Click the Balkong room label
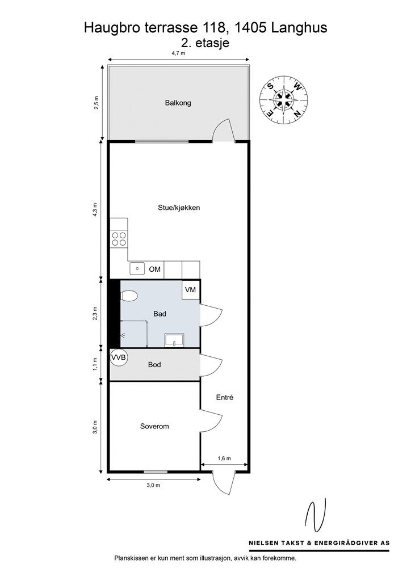coord(178,103)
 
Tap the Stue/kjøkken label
coord(179,208)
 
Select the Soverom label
coord(154,426)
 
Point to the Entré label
coord(225,397)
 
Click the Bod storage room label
coord(154,365)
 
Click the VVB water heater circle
coord(119,357)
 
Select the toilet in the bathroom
coord(129,296)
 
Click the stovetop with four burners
coord(119,239)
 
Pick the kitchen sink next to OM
coord(137,268)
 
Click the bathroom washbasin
coord(174,340)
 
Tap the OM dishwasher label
coord(155,269)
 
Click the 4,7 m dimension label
coord(178,53)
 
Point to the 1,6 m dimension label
coord(224,458)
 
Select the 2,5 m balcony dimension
coord(97,103)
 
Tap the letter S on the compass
coord(271,87)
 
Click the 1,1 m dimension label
coord(95,364)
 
